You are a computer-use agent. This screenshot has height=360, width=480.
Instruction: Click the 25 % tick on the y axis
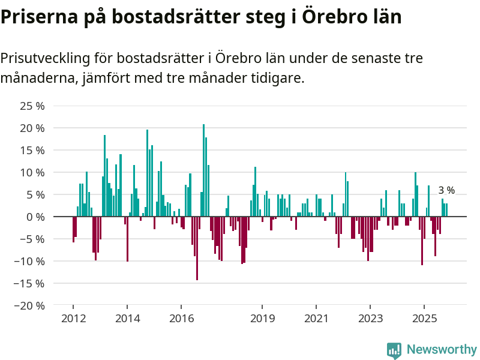(x=33, y=106)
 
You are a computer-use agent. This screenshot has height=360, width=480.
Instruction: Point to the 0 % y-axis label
(x=37, y=217)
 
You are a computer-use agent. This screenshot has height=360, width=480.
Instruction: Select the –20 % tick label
(x=31, y=305)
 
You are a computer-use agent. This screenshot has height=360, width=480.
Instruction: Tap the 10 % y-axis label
(x=33, y=172)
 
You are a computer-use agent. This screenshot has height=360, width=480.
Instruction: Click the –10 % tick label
(x=31, y=261)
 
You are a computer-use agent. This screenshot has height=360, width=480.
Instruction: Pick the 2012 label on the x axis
(x=73, y=319)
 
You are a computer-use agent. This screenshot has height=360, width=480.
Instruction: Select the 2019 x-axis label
(x=262, y=319)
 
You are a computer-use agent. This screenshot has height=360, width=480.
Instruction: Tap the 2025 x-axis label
(x=424, y=319)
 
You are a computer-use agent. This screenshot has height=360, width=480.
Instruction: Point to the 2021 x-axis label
(x=316, y=319)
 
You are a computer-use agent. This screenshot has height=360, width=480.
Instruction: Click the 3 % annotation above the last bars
(x=446, y=191)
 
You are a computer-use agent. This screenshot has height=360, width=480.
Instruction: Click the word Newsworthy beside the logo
(x=442, y=349)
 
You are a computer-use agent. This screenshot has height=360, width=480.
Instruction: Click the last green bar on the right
(x=446, y=210)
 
